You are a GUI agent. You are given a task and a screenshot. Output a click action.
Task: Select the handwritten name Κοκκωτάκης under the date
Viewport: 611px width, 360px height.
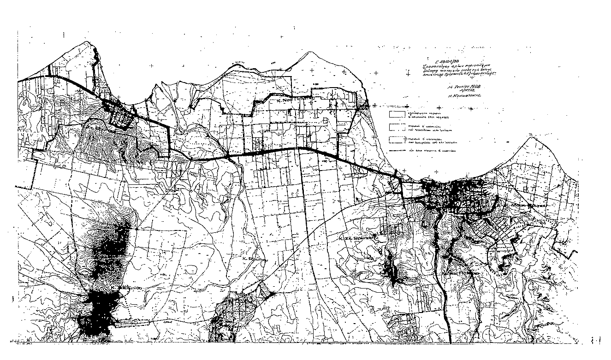464,97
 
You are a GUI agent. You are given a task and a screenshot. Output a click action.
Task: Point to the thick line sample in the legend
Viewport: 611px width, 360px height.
396,150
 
